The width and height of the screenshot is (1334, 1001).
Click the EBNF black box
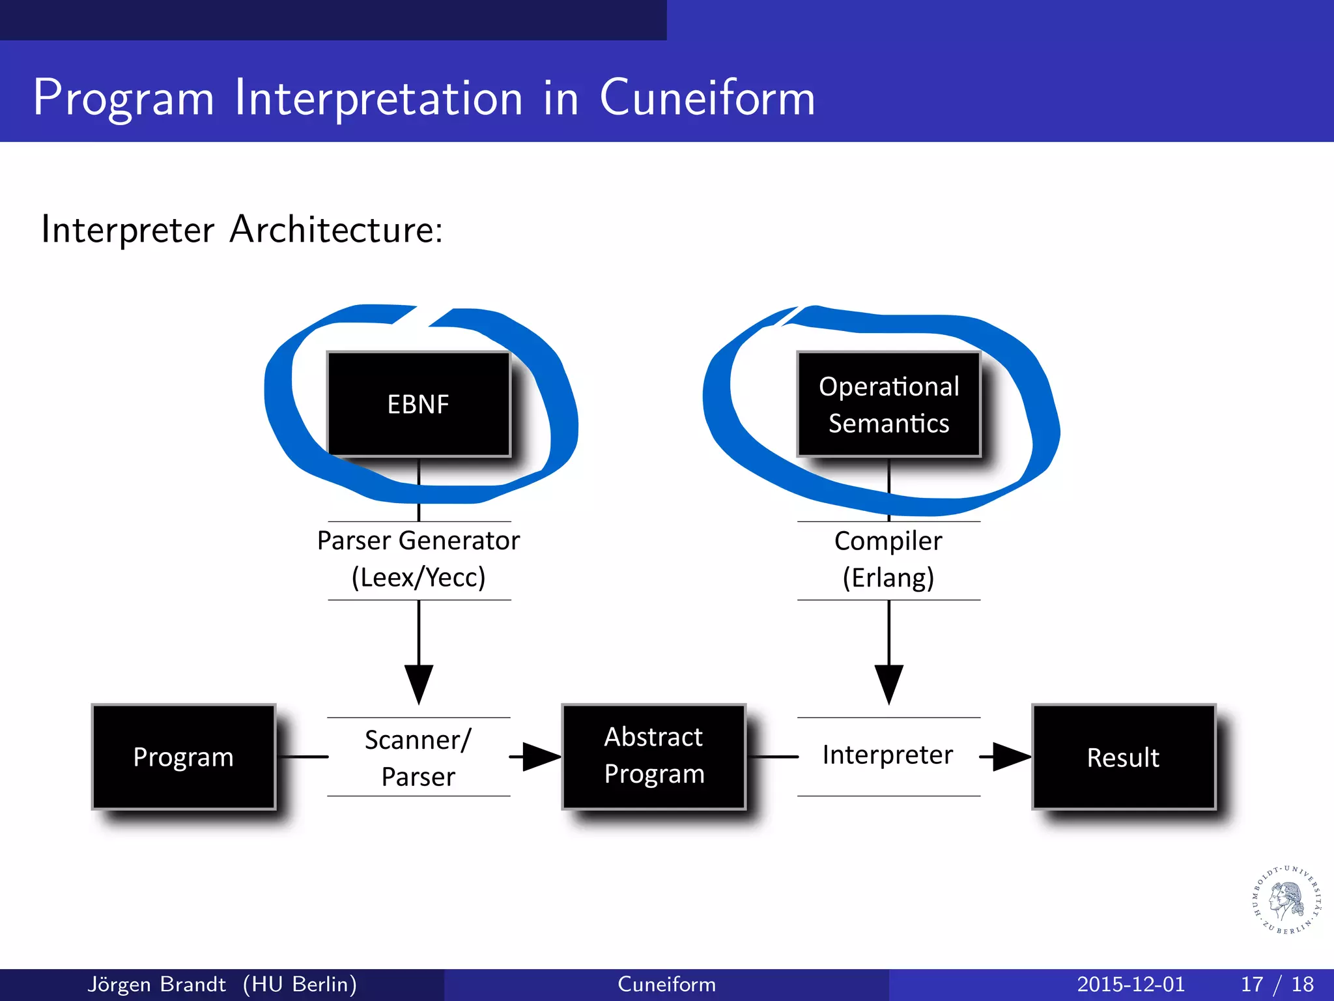click(x=418, y=404)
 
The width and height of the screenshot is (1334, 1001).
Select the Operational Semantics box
click(x=888, y=404)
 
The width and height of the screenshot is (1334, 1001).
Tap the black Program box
click(x=184, y=757)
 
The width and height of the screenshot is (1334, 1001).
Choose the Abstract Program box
click(x=654, y=756)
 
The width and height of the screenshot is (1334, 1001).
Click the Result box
click(x=1124, y=757)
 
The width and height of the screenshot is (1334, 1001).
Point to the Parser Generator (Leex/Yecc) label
click(x=418, y=559)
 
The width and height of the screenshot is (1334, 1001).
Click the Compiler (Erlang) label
click(x=888, y=559)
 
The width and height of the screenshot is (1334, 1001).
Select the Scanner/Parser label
click(x=418, y=757)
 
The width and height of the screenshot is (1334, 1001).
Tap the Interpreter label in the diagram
click(x=887, y=755)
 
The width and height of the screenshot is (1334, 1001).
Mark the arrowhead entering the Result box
click(x=1011, y=757)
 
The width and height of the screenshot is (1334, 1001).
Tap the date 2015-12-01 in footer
click(x=1131, y=984)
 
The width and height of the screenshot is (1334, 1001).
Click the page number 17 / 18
click(x=1277, y=984)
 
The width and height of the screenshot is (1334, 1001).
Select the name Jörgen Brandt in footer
click(x=156, y=984)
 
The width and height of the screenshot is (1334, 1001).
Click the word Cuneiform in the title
click(x=707, y=98)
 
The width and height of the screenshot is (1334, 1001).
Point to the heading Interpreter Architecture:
click(x=242, y=229)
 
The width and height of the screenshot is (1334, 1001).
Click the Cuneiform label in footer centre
click(x=666, y=984)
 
